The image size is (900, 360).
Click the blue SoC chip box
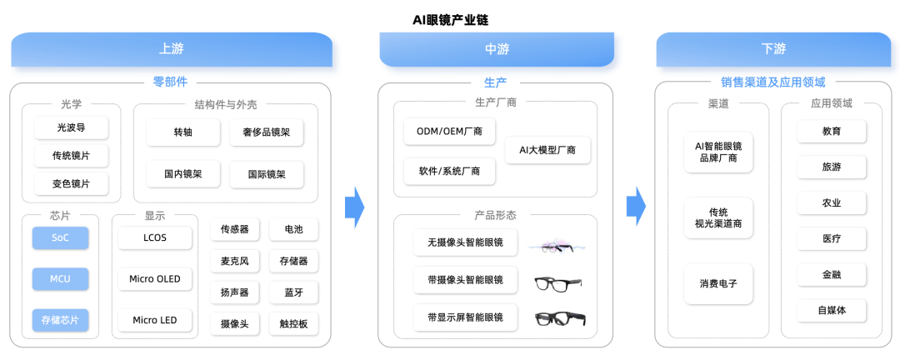[x=60, y=237]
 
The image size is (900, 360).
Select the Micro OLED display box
[x=154, y=279]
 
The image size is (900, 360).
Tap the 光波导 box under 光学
[x=71, y=127]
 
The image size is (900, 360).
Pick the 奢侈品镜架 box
[x=267, y=132]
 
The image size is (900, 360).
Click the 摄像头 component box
[x=234, y=324]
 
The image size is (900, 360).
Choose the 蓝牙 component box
[x=294, y=292]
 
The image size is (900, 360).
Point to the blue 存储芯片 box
[x=60, y=320]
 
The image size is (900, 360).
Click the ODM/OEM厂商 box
[x=449, y=132]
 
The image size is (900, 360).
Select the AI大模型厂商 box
[x=547, y=151]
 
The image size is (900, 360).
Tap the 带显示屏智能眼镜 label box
[x=465, y=317]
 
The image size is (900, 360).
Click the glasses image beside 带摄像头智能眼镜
[x=557, y=283]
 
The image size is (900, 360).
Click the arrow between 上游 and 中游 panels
[x=355, y=207]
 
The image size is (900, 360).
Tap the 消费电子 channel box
[x=718, y=283]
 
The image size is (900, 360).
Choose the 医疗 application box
[x=832, y=239]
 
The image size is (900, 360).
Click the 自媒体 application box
[x=832, y=311]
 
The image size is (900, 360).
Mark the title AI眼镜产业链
[x=450, y=20]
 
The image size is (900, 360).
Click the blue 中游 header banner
[x=497, y=49]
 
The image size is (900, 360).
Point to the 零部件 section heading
[x=170, y=82]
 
